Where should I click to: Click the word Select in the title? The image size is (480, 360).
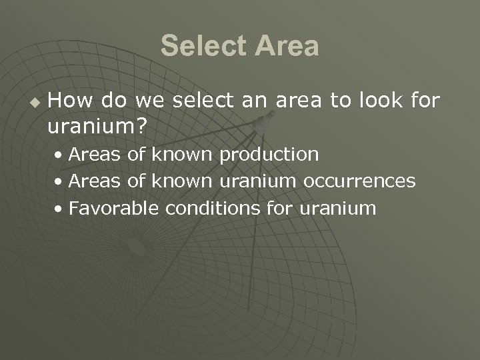click(202, 47)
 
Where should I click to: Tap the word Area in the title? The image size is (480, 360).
click(286, 47)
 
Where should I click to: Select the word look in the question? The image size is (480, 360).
click(377, 101)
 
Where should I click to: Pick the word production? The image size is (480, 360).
click(269, 155)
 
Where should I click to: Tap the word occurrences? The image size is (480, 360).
click(359, 181)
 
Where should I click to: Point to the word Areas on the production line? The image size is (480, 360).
click(95, 155)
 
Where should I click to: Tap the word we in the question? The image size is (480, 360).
click(146, 101)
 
